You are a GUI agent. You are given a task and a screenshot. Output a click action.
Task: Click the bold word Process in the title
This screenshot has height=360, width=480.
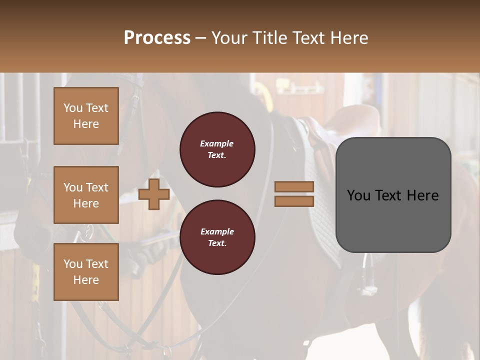click(157, 38)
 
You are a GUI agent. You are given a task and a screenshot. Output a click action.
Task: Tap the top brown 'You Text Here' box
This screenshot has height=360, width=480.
click(86, 116)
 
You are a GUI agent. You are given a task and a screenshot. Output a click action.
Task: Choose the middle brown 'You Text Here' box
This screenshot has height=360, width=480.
click(86, 195)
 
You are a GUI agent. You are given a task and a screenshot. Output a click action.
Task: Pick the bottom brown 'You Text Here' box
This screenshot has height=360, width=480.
click(86, 272)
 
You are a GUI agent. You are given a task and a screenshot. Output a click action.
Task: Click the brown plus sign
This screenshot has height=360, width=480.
click(154, 194)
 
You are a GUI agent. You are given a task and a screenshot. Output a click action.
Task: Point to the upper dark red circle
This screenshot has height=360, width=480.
click(217, 149)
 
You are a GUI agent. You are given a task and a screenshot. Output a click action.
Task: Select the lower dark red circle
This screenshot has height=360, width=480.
click(217, 237)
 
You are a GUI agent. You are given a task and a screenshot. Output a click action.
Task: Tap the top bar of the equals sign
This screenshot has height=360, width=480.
click(294, 187)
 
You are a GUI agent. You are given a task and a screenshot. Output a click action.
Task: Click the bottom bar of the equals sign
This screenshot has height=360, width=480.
click(294, 201)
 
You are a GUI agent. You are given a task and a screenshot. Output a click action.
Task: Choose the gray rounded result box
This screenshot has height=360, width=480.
click(393, 195)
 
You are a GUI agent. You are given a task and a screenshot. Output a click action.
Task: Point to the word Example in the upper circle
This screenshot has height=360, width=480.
click(217, 143)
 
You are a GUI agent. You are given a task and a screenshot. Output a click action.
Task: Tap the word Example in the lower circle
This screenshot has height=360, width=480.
click(217, 231)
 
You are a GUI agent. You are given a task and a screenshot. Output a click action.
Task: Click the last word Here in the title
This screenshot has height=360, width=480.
click(350, 38)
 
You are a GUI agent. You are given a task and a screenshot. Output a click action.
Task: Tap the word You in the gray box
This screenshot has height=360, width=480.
click(358, 195)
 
